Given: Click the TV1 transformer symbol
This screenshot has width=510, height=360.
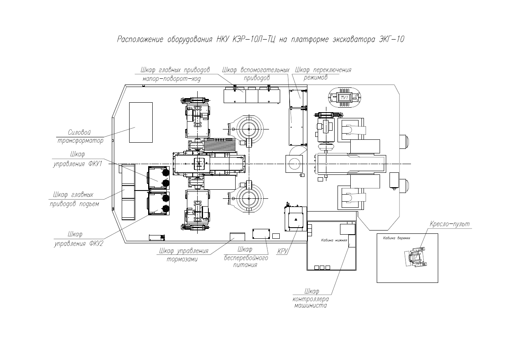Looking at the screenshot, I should point(344,98).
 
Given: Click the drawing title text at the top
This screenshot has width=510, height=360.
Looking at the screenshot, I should point(261,40).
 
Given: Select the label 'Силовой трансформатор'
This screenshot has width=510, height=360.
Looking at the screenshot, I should point(80,136).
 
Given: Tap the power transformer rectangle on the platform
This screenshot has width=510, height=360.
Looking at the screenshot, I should point(141,122).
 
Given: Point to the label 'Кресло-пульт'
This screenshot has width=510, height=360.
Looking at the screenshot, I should point(449,224).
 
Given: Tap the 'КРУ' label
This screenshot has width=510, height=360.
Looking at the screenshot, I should point(282,250).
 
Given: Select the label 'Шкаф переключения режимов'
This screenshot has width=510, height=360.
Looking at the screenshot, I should point(321,73).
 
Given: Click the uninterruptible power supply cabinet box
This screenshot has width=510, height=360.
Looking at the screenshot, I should point(260,233).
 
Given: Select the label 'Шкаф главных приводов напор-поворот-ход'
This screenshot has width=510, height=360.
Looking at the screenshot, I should point(175,74).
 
